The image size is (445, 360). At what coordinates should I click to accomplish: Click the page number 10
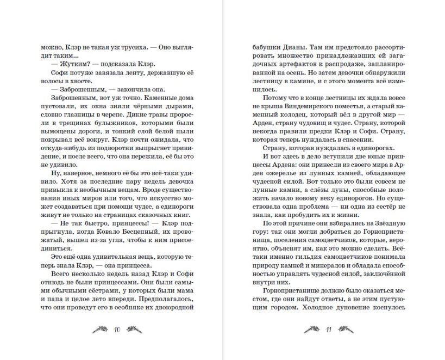pyautogui.click(x=117, y=329)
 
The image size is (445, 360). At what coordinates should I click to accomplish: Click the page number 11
pyautogui.click(x=329, y=329)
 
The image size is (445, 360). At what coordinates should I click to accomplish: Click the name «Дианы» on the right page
pyautogui.click(x=283, y=47)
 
